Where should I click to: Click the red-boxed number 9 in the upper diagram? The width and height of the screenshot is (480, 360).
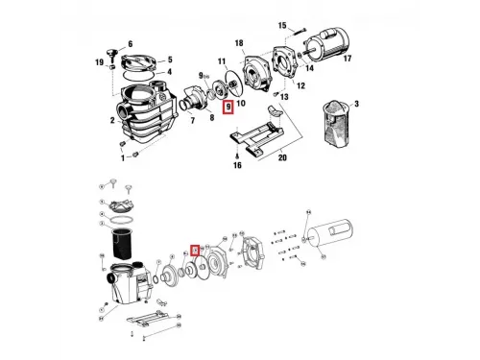coord(228,108)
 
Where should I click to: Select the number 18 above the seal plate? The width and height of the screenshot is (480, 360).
coord(239,43)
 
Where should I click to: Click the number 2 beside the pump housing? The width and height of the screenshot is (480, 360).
coord(112,122)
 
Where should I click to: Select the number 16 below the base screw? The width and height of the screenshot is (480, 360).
coord(234,166)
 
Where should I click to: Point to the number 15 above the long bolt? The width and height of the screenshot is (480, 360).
coord(282,25)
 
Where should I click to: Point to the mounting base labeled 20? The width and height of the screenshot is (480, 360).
coord(254,134)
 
